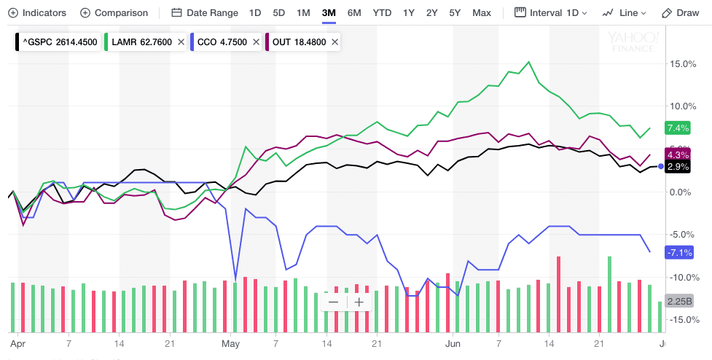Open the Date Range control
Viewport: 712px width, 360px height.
205,13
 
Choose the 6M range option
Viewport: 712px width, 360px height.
353,13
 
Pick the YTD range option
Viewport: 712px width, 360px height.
381,13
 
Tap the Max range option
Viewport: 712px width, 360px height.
481,13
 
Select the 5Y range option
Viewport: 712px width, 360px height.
455,13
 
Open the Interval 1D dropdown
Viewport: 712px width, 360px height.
551,13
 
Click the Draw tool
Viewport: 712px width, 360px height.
680,13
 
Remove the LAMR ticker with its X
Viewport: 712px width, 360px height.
179,42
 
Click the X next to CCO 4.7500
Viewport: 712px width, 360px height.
256,42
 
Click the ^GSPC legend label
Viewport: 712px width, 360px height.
55,42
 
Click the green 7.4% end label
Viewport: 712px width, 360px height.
677,129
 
